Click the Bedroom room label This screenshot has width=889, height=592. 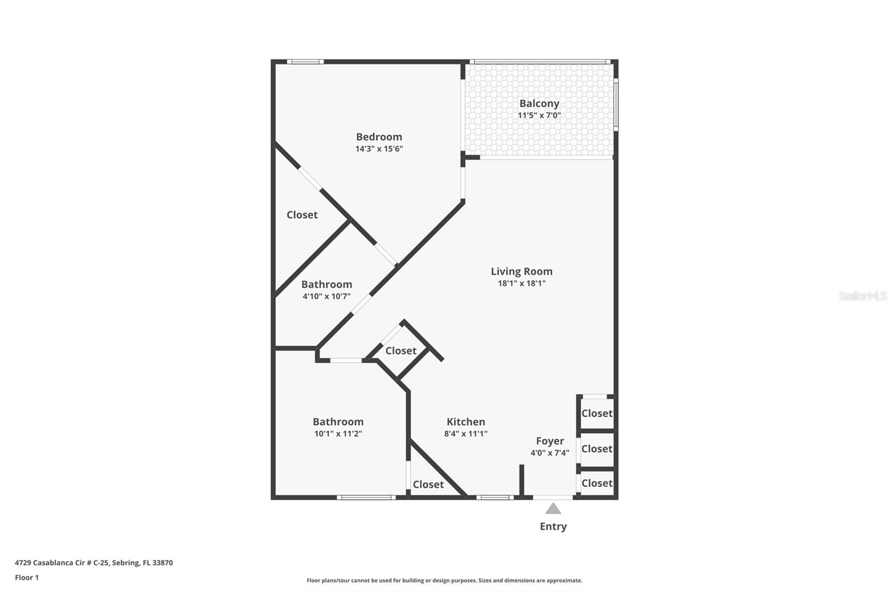(379, 137)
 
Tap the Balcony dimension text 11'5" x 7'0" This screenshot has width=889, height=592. (539, 116)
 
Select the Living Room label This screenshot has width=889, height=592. (521, 271)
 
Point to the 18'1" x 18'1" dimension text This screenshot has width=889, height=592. (521, 283)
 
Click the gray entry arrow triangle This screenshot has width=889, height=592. (553, 509)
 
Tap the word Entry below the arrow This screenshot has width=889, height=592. (553, 526)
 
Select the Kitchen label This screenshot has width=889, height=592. (466, 422)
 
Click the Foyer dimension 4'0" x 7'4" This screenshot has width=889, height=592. (550, 453)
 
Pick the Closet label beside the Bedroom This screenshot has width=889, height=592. (302, 214)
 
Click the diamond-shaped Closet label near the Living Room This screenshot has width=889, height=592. (401, 350)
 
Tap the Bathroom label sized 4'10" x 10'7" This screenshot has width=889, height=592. (326, 284)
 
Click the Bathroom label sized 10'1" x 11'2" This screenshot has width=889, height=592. (338, 422)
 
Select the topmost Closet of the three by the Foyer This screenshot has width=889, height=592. (597, 413)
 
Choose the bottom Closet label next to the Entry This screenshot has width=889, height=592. (597, 483)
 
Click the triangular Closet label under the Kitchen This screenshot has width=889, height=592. (428, 484)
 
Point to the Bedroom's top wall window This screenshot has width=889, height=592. (305, 62)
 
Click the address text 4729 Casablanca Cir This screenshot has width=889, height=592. (93, 563)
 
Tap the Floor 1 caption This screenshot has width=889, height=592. (27, 578)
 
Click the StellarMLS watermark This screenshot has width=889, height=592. (862, 296)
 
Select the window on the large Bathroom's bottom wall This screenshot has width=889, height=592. (366, 498)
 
